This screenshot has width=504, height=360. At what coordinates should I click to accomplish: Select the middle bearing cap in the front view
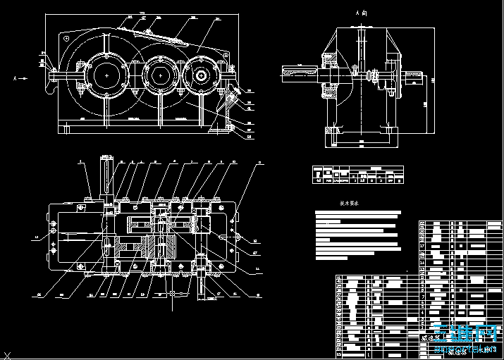coord(160,74)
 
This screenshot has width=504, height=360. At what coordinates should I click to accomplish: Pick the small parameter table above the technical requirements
coord(358,175)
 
